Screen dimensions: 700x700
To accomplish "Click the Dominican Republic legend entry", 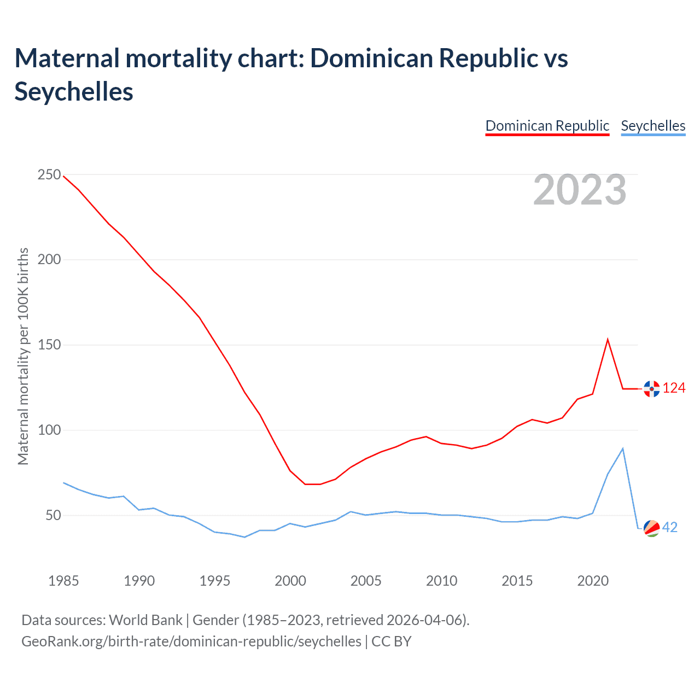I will [547, 126].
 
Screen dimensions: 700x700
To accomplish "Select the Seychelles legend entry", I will [653, 126].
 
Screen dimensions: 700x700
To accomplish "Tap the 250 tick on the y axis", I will [49, 175].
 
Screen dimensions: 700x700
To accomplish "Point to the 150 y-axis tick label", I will [49, 345].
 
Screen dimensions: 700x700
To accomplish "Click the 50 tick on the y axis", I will [52, 516].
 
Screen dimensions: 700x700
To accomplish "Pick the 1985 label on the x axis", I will [63, 581].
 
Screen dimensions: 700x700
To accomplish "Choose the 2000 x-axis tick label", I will [290, 581].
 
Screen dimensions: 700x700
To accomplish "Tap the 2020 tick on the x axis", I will [593, 581].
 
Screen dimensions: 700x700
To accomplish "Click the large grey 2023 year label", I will [580, 190].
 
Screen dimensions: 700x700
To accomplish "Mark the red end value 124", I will [674, 388].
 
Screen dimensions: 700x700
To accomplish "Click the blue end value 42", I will [670, 527].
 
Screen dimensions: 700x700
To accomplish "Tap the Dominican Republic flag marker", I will [651, 389].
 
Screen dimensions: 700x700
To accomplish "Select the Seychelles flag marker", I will [651, 528].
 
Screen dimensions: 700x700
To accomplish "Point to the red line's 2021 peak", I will [608, 340].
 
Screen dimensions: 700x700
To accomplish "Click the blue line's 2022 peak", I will [623, 448].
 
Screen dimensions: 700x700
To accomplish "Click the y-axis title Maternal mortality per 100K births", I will [23, 356].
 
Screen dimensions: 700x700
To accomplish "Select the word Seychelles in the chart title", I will [74, 91].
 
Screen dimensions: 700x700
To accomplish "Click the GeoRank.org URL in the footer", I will [191, 641].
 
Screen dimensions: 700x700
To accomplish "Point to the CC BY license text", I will [392, 641].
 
